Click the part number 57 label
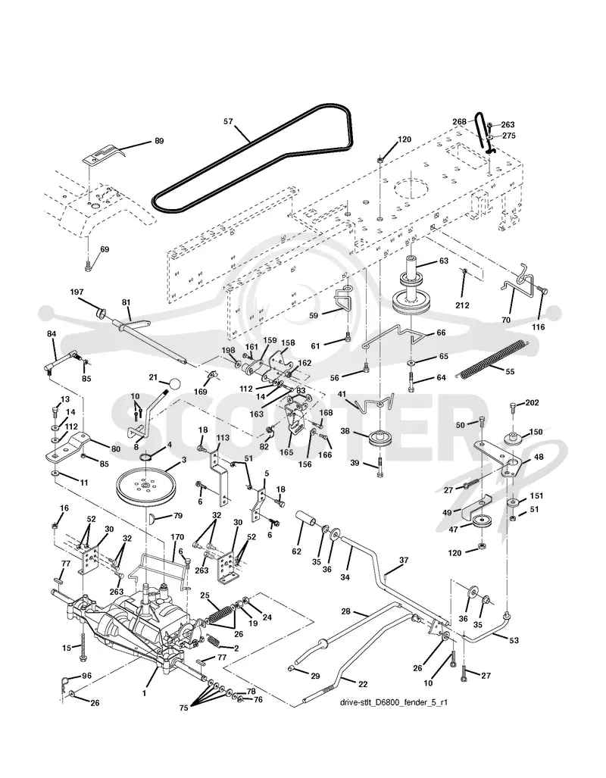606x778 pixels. click(x=228, y=121)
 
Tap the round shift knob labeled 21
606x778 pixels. click(x=173, y=383)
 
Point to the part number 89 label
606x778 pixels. click(x=159, y=141)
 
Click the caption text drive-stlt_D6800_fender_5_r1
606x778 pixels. click(x=394, y=702)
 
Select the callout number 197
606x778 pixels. click(x=77, y=292)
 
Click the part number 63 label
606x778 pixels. click(x=443, y=261)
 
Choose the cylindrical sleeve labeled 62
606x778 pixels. click(x=308, y=520)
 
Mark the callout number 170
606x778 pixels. click(x=177, y=537)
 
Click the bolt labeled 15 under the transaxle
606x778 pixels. click(x=83, y=646)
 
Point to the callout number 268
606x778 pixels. click(x=460, y=121)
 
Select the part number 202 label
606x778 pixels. click(x=532, y=403)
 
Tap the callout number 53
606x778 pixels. click(x=514, y=640)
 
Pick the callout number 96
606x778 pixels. click(x=86, y=676)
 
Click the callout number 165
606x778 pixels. click(x=286, y=452)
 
